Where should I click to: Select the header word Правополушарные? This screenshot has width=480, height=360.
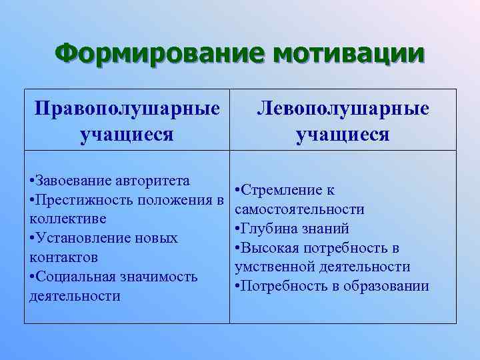(x=127, y=108)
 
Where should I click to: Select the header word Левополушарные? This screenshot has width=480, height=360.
(x=343, y=108)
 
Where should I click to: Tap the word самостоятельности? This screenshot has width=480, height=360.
(x=299, y=209)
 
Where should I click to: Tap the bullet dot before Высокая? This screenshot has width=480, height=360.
(x=238, y=248)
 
